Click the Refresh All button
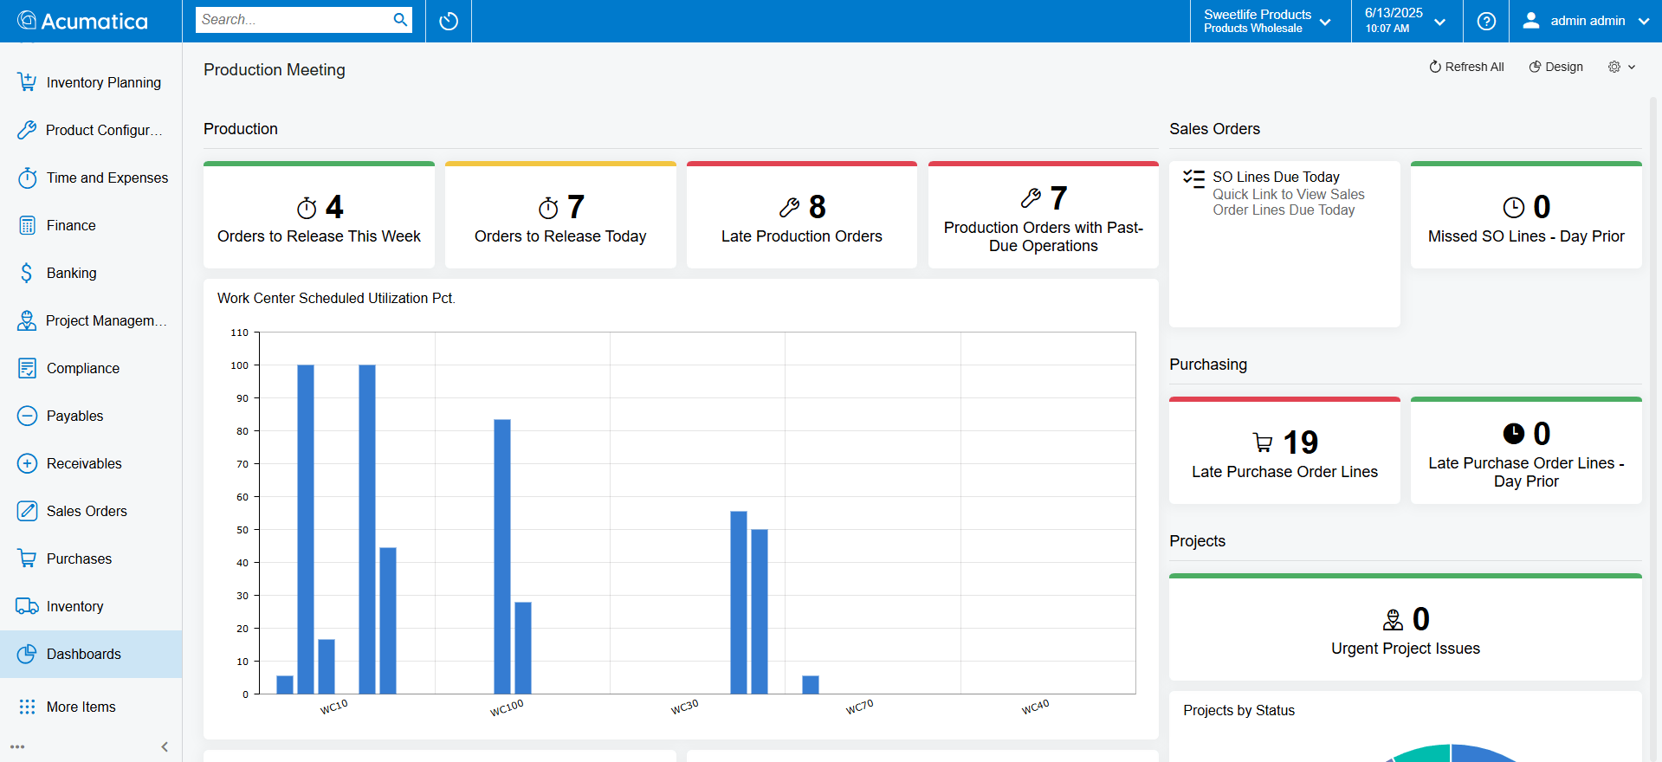1466,67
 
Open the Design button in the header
1555,67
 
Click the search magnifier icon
400,20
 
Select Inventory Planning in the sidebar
103,82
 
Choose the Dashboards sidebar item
83,654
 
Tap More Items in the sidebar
81,707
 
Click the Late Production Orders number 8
817,208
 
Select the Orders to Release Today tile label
560,236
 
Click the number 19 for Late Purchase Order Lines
1300,443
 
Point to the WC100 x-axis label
507,708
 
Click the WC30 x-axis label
684,707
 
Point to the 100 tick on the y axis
240,365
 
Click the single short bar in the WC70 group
811,684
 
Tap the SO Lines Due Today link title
1276,177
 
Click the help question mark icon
1486,21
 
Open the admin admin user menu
1586,21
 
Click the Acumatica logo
83,21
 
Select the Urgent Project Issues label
1405,649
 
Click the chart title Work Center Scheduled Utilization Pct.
336,298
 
